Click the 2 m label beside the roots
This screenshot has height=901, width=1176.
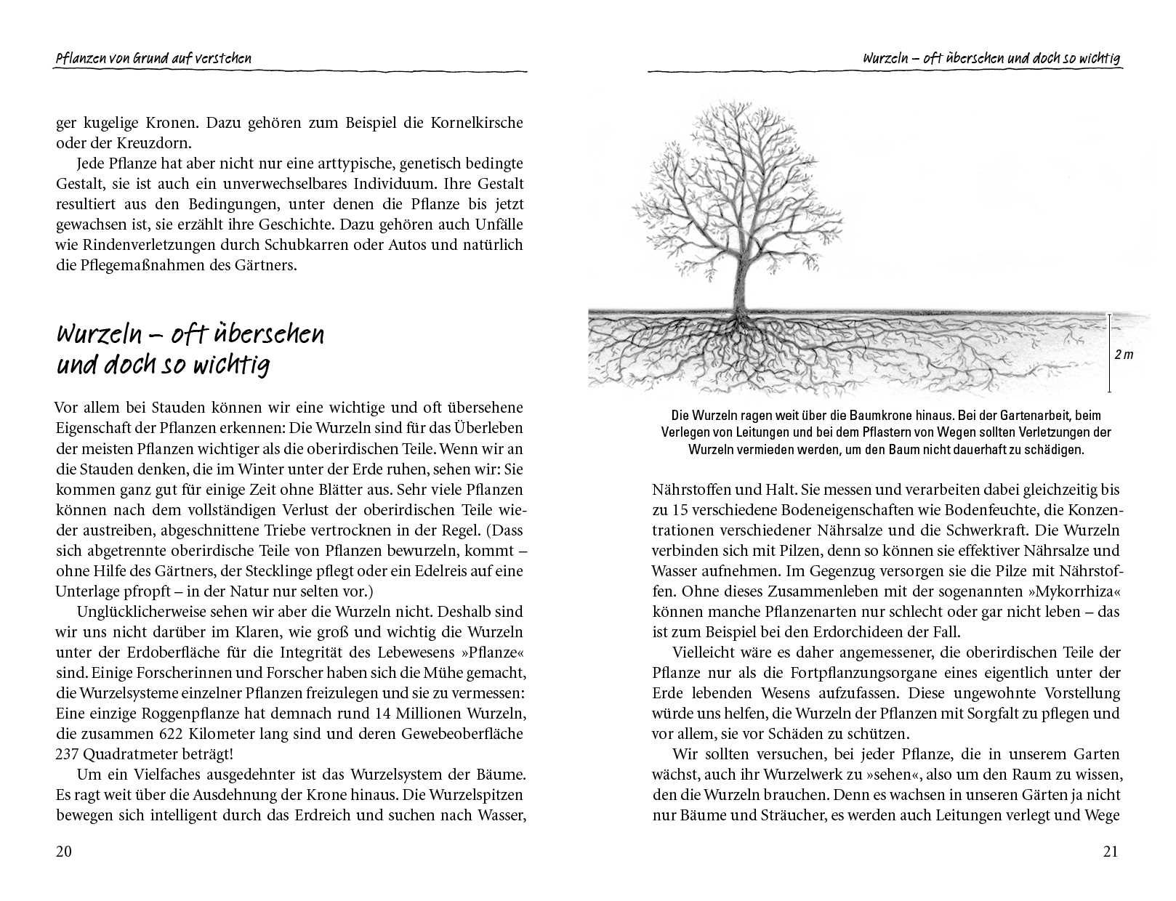pyautogui.click(x=1123, y=355)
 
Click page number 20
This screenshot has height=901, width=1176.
pyautogui.click(x=64, y=852)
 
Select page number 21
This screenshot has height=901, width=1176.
pyautogui.click(x=1111, y=852)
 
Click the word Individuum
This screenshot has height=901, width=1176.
pyautogui.click(x=366, y=183)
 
